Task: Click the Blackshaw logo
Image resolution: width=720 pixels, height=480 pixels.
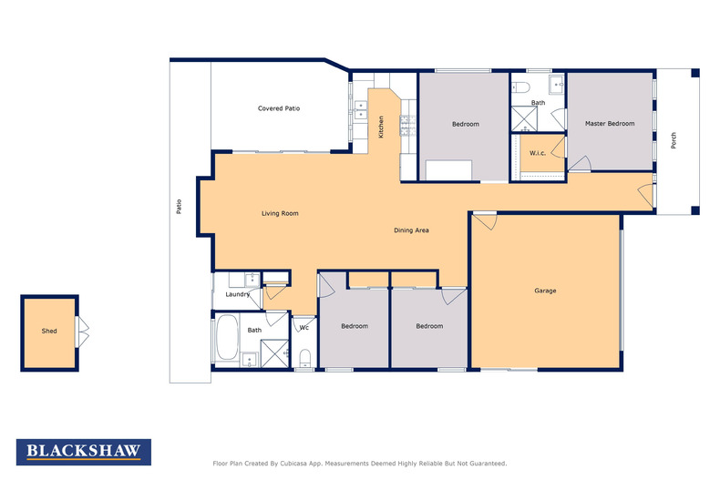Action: (84, 452)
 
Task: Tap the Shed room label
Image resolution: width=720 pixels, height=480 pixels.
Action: (49, 331)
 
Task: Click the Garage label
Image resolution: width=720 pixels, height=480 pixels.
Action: (545, 291)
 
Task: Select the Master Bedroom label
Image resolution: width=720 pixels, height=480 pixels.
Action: (610, 124)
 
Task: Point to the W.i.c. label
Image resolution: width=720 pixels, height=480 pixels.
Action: (538, 153)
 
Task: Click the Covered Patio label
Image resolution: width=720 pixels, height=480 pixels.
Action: (279, 108)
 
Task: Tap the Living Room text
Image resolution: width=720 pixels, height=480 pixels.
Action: (280, 213)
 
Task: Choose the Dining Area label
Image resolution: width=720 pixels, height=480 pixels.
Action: (411, 230)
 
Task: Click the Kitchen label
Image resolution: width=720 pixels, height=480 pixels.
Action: (381, 128)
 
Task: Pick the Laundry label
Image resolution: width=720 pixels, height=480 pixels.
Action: (237, 294)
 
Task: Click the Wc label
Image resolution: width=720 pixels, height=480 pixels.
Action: (304, 328)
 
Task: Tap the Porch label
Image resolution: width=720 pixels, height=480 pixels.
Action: (674, 140)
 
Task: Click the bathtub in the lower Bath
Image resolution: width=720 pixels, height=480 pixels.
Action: (227, 337)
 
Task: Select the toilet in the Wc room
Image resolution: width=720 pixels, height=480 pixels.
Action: (305, 357)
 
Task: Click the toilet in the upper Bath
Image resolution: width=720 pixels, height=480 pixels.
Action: (521, 87)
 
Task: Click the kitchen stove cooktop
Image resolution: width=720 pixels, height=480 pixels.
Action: (407, 126)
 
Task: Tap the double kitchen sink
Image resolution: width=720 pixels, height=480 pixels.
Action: (361, 110)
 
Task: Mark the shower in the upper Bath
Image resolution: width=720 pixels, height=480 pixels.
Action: (524, 118)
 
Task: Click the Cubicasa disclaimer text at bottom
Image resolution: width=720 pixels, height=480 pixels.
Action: (360, 464)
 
